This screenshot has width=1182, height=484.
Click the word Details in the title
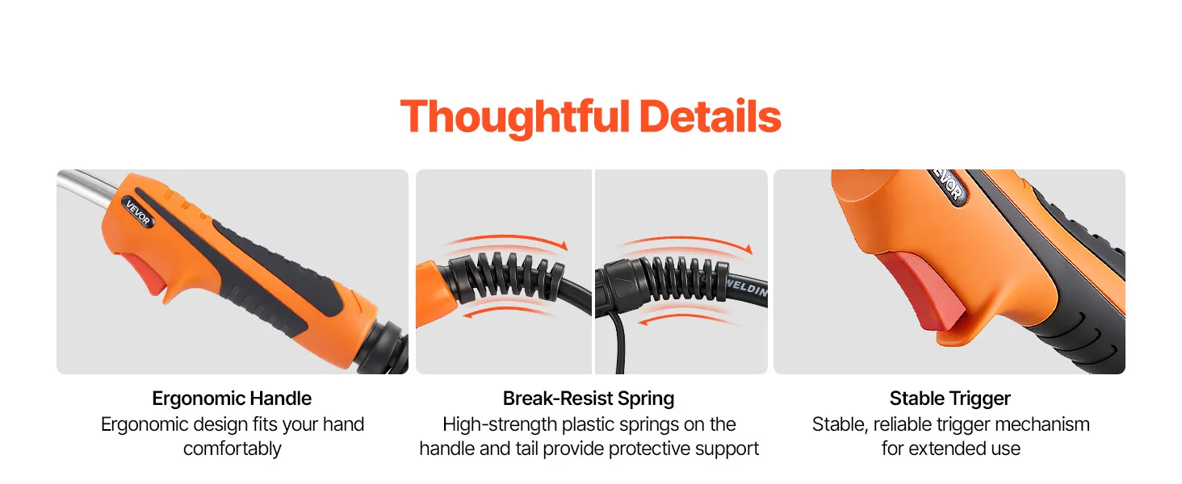[x=710, y=116]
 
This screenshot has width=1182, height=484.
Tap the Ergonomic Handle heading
[x=232, y=398]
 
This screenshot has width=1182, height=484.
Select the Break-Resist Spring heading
[x=589, y=398]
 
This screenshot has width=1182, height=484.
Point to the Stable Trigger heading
[x=949, y=398]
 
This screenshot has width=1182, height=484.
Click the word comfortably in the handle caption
[x=233, y=449]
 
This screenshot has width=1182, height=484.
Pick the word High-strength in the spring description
[x=500, y=425]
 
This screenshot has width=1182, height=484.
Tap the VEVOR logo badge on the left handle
[x=138, y=212]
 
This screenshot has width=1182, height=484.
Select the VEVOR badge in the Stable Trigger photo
[x=949, y=186]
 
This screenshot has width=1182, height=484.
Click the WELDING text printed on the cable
[x=747, y=289]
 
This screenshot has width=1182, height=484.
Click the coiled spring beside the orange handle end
[x=505, y=278]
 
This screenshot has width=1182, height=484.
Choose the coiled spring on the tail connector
[x=686, y=278]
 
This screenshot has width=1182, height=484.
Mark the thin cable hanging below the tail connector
[x=618, y=342]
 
